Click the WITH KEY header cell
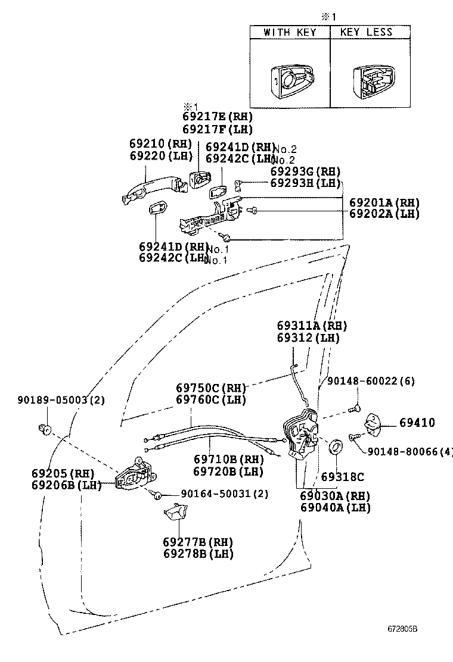point(290,32)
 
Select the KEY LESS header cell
point(370,32)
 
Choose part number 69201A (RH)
point(384,202)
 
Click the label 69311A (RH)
point(311,326)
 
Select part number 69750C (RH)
point(210,388)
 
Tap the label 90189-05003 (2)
point(60,400)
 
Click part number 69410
point(417,423)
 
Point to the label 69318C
point(342,476)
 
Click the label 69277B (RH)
point(197,542)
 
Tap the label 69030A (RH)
point(334,496)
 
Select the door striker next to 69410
point(374,423)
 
